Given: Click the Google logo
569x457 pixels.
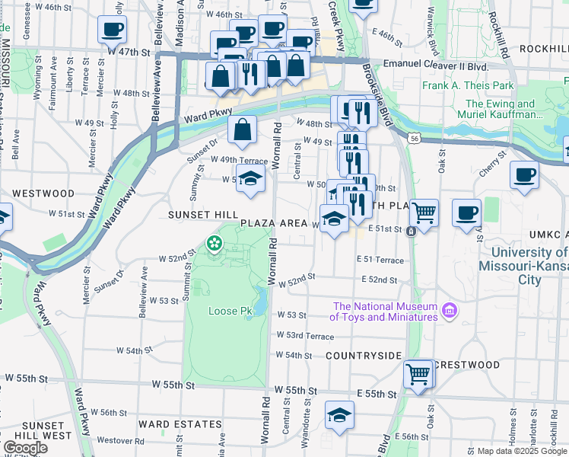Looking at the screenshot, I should pos(25,448).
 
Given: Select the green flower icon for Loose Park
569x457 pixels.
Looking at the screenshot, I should pos(215,244).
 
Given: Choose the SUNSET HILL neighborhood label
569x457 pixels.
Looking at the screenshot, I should pos(203,216).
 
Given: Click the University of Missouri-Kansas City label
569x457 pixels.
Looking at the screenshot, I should pos(523,266).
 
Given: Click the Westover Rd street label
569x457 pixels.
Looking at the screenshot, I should pos(120,440).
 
